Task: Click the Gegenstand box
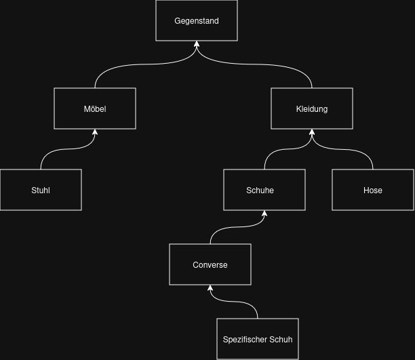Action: pos(197,20)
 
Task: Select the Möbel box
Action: pos(95,108)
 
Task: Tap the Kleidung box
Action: pos(312,108)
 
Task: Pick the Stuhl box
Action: pos(41,190)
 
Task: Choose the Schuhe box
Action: pos(264,190)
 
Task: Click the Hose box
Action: pos(373,190)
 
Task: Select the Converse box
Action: pos(210,264)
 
